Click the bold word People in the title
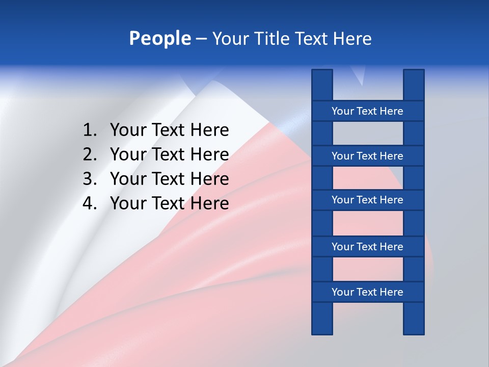coord(159,38)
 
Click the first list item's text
coord(169,130)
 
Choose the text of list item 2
coord(169,154)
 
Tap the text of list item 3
coord(169,178)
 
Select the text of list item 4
coord(169,203)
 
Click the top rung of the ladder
coord(367,111)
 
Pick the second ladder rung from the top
coord(367,156)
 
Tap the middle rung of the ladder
coord(367,200)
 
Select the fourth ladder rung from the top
coord(367,247)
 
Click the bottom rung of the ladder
coord(367,292)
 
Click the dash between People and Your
coord(201,39)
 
